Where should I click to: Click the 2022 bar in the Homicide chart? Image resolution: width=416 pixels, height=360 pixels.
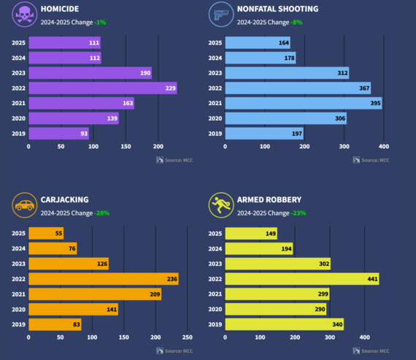pyautogui.click(x=102, y=88)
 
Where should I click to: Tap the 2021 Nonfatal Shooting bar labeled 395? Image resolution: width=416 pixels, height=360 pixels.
pyautogui.click(x=303, y=103)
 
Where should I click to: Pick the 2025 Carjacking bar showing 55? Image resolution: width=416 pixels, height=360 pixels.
pyautogui.click(x=46, y=234)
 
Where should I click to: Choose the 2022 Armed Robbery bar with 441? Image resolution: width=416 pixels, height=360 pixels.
pyautogui.click(x=301, y=279)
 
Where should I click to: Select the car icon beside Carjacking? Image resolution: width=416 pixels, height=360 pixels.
pyautogui.click(x=25, y=205)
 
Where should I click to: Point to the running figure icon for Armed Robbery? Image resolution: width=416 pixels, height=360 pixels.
pyautogui.click(x=220, y=205)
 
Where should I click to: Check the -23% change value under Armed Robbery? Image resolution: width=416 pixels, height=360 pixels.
pyautogui.click(x=298, y=213)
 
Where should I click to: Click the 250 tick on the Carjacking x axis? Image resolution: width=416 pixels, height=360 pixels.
pyautogui.click(x=188, y=337)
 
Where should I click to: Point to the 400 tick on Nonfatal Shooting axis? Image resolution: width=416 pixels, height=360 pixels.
pyautogui.click(x=384, y=146)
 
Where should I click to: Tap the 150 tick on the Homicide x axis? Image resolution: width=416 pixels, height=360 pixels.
pyautogui.click(x=126, y=146)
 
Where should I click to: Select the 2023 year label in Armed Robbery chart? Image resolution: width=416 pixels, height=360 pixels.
pyautogui.click(x=215, y=264)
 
